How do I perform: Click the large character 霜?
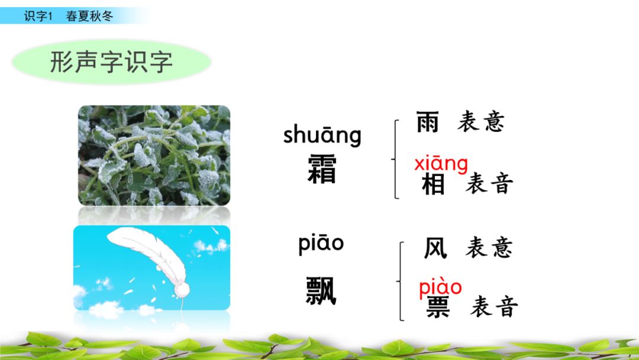pos(322,169)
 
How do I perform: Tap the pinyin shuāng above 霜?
pos(322,135)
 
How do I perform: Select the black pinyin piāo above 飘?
pos(321,244)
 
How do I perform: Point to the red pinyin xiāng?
pos(441,163)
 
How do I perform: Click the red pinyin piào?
pos(440,287)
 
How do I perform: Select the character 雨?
pos(428,122)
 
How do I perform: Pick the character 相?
pos(433,185)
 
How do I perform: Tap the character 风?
pos(435,248)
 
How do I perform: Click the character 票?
pos(438,307)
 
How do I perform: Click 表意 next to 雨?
pos(480,122)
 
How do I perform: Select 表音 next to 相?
pos(489,184)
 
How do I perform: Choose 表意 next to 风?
pos(489,247)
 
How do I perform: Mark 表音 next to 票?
pos(494,307)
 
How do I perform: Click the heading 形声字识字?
pos(111,62)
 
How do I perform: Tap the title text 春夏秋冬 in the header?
pos(89,16)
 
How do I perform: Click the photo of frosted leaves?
pos(154,155)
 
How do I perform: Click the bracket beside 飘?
pos(402,281)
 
